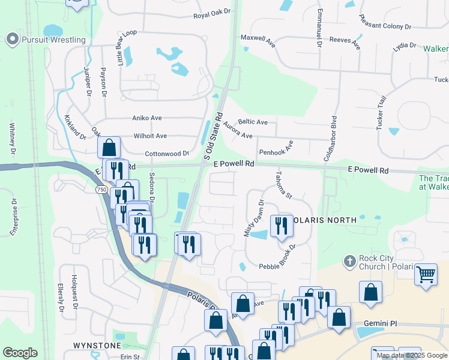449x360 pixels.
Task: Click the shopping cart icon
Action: coord(426,275)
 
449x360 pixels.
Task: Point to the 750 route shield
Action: coord(102,190)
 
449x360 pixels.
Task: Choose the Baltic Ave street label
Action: coord(253,122)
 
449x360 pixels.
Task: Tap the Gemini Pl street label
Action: coord(377,323)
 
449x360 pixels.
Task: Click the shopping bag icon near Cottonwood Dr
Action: coord(109,147)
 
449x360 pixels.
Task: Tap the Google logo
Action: coord(20,353)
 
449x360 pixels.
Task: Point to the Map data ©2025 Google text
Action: coord(412,355)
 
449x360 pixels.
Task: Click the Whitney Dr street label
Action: coord(12,138)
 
